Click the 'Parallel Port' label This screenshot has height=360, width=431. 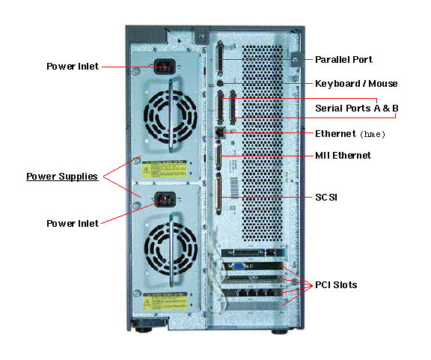343,60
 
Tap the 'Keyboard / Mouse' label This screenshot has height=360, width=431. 356,84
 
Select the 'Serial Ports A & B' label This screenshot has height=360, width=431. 357,108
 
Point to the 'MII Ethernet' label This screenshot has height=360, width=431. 343,156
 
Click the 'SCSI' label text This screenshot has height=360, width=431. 326,198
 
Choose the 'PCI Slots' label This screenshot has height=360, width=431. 336,285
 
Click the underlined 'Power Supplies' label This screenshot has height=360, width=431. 62,177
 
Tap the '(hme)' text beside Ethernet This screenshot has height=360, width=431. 373,134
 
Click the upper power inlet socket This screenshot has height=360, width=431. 165,67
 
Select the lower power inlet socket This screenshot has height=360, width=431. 165,200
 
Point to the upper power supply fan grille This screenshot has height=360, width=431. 170,117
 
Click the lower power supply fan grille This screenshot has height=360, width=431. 171,249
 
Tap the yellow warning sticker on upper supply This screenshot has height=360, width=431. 165,169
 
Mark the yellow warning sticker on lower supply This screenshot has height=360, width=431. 165,301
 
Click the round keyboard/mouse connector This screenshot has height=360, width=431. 220,83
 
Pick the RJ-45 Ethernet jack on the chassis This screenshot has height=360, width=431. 221,132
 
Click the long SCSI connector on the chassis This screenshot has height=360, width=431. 218,194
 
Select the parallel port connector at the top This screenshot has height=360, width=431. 220,58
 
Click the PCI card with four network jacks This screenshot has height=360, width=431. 252,293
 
